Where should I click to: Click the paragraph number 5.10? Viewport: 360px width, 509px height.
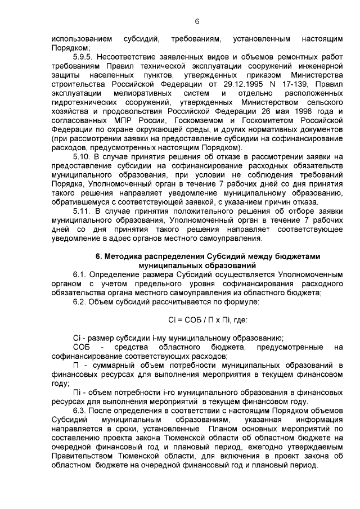point(82,155)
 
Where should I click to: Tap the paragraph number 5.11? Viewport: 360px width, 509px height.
point(82,210)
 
